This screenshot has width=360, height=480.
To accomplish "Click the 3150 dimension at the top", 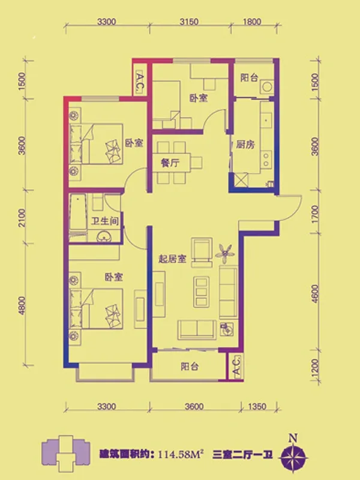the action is pyautogui.click(x=189, y=22).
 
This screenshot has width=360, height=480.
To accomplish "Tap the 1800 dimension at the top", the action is pyautogui.click(x=252, y=22).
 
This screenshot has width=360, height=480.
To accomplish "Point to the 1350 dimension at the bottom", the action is pyautogui.click(x=257, y=407).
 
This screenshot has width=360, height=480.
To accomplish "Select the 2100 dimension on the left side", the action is pyautogui.click(x=22, y=218).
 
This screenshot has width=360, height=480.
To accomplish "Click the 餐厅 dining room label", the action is pyautogui.click(x=170, y=163).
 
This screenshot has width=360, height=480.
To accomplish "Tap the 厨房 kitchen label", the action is pyautogui.click(x=245, y=144).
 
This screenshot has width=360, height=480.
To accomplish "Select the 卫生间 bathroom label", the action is pyautogui.click(x=104, y=221).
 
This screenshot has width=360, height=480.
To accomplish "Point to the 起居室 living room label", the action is pyautogui.click(x=172, y=259).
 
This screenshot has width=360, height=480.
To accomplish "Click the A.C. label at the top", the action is pyautogui.click(x=139, y=82).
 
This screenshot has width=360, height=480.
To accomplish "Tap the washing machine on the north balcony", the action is pyautogui.click(x=266, y=87).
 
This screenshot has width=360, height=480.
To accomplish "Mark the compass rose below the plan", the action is pyautogui.click(x=293, y=456).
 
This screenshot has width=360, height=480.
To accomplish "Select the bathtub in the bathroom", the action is pyautogui.click(x=78, y=212).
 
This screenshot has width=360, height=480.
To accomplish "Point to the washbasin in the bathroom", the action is pyautogui.click(x=104, y=236).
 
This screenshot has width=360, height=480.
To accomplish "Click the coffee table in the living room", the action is pyautogui.click(x=202, y=292).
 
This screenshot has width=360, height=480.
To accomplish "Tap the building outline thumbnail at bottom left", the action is pyautogui.click(x=65, y=454).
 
